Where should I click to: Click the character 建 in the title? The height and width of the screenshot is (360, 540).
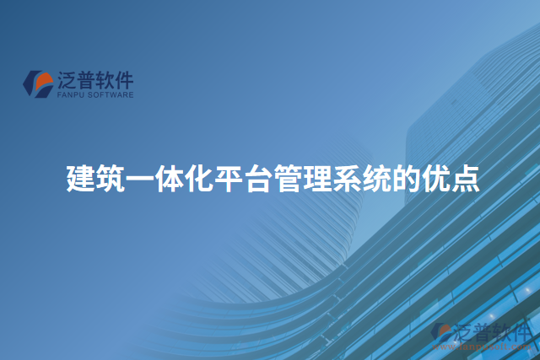pos(81,180)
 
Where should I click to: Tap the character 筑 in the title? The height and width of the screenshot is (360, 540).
pos(111,180)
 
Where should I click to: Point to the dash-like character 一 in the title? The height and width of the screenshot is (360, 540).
pos(140,180)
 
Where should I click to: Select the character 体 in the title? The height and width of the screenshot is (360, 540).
pos(170,180)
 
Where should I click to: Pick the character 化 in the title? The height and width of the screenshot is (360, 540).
pos(199,180)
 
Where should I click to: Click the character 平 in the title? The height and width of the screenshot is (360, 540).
pos(229,180)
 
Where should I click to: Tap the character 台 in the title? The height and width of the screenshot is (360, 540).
pos(258,180)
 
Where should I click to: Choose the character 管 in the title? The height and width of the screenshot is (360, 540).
pos(288,180)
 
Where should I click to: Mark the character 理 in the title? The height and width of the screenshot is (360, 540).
pos(317,180)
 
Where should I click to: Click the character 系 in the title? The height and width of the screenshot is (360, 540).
pos(347,180)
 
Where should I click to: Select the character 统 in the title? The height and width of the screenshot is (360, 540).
pos(376,180)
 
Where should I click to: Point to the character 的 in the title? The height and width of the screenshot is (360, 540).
pos(406,180)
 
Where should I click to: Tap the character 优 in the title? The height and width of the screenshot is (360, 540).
pos(435,180)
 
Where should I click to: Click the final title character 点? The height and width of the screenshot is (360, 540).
pos(465,180)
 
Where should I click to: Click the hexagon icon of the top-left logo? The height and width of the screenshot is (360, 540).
pos(38,83)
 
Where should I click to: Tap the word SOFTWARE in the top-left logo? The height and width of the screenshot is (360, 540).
pos(108,96)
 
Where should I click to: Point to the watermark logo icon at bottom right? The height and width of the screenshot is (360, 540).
pos(442,332)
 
